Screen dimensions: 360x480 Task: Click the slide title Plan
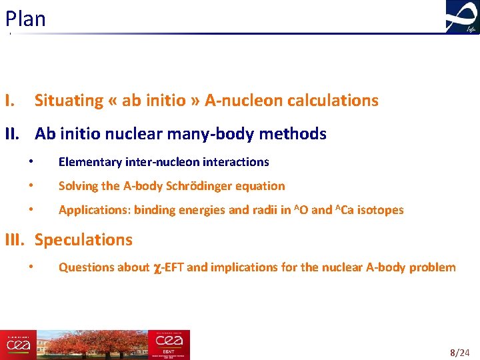(x=25, y=19)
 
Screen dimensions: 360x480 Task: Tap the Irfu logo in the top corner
(x=462, y=17)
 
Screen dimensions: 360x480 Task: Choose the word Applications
(x=93, y=210)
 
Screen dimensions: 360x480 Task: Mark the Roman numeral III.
(x=15, y=239)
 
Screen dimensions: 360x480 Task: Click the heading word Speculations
(x=83, y=239)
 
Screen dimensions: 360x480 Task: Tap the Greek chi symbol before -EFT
(x=157, y=268)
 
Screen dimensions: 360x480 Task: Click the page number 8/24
(x=461, y=351)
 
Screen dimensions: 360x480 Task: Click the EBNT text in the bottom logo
(x=165, y=350)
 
